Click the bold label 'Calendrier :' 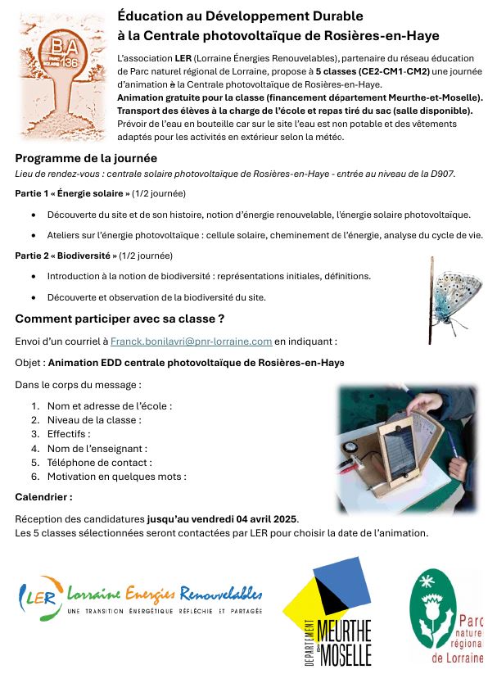pos(43,496)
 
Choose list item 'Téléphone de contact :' pos(98,462)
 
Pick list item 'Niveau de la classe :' pos(93,419)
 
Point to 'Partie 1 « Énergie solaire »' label pos(73,194)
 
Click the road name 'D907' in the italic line pos(440,174)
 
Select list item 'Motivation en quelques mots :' pos(116,476)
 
